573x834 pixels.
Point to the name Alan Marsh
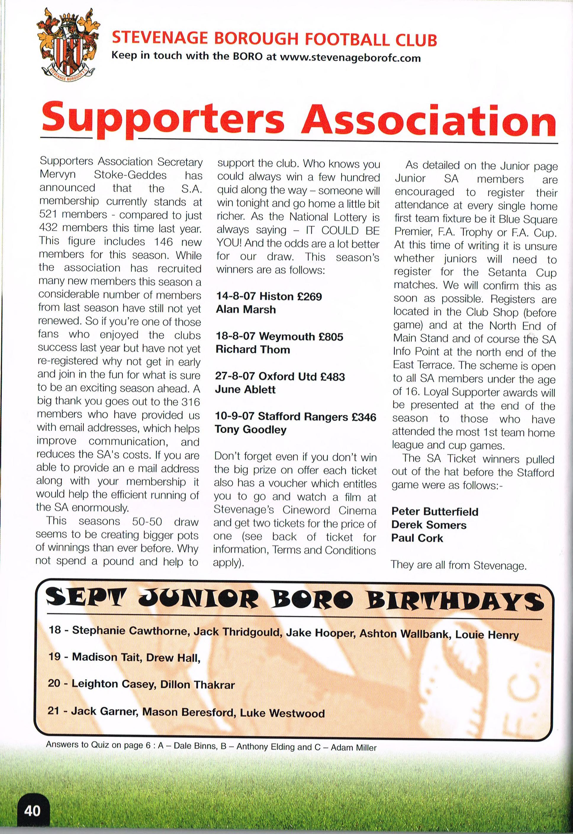pyautogui.click(x=246, y=310)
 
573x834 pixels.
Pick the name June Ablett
pyautogui.click(x=245, y=389)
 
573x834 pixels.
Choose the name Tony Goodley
pyautogui.click(x=251, y=430)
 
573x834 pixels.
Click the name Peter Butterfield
pyautogui.click(x=435, y=511)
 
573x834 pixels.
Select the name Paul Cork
pyautogui.click(x=417, y=538)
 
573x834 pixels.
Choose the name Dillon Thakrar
pyautogui.click(x=197, y=684)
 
